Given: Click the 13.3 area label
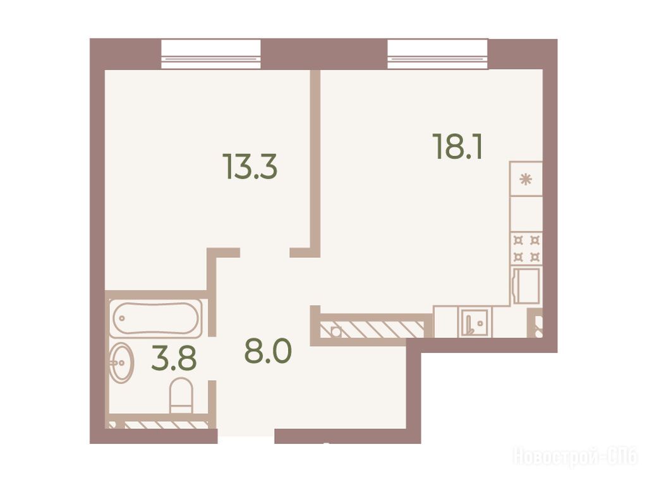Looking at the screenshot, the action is [250, 166].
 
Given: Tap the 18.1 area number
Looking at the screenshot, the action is [457, 147].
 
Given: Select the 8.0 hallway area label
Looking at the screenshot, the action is [268, 351].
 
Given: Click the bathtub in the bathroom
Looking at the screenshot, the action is [155, 318].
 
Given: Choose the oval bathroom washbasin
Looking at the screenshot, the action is [121, 363].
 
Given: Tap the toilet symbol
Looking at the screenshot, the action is [181, 395].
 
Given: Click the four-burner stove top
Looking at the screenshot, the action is [526, 249].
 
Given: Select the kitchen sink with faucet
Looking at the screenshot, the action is [473, 322].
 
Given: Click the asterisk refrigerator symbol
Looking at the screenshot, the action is [526, 179].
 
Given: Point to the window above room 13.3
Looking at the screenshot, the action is [211, 54].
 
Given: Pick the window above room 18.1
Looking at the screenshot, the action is [438, 54].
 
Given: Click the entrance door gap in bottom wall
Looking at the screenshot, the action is [246, 436].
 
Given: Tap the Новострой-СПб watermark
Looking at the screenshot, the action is [575, 457].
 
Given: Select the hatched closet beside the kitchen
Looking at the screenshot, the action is [372, 329].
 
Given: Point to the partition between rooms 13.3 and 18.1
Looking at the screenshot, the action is [315, 164].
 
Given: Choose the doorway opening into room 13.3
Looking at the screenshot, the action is [265, 253].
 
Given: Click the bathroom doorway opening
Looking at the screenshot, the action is [212, 358].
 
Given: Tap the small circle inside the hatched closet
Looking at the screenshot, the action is [336, 331].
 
